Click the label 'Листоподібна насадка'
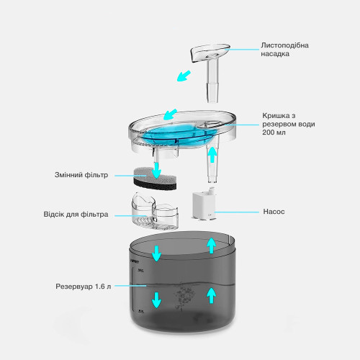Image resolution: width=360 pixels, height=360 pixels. (x=284, y=50)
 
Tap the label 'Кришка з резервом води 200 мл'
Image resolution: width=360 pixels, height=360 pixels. (x=289, y=124)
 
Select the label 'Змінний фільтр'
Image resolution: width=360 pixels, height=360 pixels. (x=81, y=175)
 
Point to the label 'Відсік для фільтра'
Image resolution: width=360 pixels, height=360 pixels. (x=76, y=214)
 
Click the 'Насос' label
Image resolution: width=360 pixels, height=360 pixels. (x=274, y=212)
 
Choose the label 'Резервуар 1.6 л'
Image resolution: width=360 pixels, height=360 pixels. (x=84, y=286)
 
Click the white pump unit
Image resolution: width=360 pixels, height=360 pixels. (x=204, y=204)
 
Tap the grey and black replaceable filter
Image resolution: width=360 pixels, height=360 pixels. (x=155, y=179)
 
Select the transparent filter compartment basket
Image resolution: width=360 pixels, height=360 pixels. (x=155, y=210)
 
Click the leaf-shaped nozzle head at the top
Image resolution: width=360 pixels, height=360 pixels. (x=210, y=53)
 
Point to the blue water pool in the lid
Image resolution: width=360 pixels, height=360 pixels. (x=178, y=134)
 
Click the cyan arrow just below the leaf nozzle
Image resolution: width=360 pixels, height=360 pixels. (x=184, y=76)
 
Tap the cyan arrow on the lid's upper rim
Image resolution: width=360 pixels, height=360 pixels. (x=170, y=114)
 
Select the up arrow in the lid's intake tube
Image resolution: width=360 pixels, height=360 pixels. (x=212, y=155)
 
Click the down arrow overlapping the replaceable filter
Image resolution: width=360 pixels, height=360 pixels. (x=157, y=171)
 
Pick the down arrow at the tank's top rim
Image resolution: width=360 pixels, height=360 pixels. (x=157, y=253)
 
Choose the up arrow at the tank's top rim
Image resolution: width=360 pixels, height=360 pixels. (x=212, y=246)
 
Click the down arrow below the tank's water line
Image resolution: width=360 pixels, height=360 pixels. (x=156, y=300)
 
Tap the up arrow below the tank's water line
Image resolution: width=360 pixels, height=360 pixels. (x=212, y=295)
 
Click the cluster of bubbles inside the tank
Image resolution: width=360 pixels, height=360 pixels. (x=184, y=296)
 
